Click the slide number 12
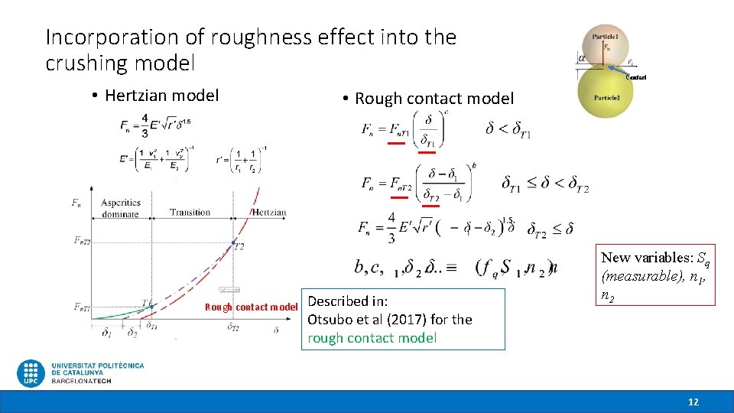click(x=693, y=402)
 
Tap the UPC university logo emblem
click(x=31, y=373)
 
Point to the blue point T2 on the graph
click(x=233, y=243)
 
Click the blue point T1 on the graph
click(x=151, y=306)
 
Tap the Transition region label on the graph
click(x=190, y=213)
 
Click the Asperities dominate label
click(x=121, y=208)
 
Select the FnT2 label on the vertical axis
click(x=83, y=240)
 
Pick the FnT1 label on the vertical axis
click(x=83, y=307)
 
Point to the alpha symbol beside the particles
click(x=583, y=57)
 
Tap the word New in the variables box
click(x=616, y=258)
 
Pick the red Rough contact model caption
click(x=251, y=307)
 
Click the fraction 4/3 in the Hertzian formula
click(x=145, y=126)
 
